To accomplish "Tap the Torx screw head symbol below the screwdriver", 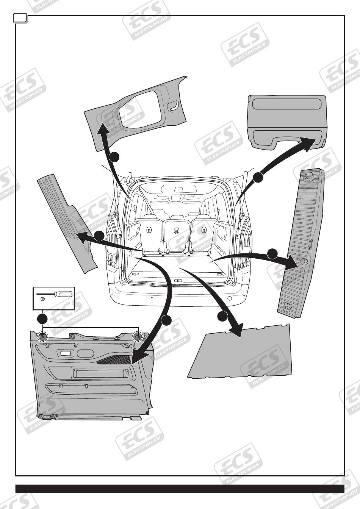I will tap(43, 299).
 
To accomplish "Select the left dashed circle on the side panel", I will tap(42, 336).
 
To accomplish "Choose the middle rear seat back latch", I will tap(177, 230).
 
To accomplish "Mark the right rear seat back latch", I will tap(205, 229).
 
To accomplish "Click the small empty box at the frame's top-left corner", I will tap(19, 17).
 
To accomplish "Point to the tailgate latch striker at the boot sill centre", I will tap(177, 280).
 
